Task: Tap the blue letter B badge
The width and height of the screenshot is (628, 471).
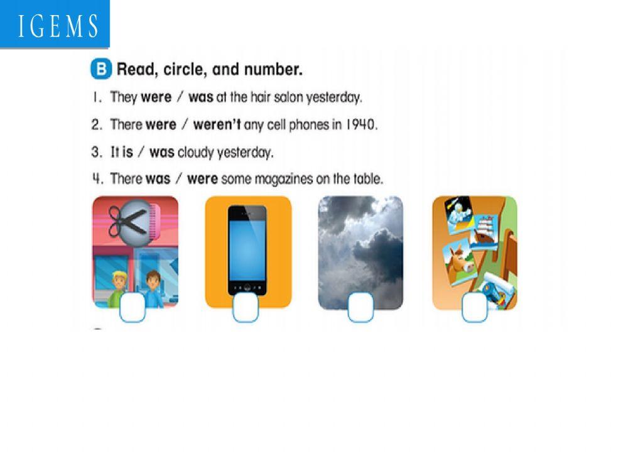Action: (x=100, y=70)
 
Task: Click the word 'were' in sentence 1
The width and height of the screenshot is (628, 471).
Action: (x=156, y=97)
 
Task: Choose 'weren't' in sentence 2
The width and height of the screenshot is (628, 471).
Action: (x=217, y=124)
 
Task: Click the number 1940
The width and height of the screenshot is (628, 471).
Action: (x=360, y=124)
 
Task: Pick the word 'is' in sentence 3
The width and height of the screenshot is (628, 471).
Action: (x=127, y=152)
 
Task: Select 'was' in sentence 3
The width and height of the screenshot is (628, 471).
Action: (x=161, y=152)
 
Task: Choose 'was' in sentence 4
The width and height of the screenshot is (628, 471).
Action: (x=158, y=179)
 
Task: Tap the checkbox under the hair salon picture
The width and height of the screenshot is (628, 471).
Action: (x=132, y=308)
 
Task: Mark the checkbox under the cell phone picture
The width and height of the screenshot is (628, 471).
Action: (x=246, y=308)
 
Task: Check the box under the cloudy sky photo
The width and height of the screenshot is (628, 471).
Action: (x=360, y=308)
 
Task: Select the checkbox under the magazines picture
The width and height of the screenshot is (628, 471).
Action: (x=475, y=308)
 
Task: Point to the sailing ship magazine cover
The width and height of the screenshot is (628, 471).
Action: (x=484, y=231)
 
